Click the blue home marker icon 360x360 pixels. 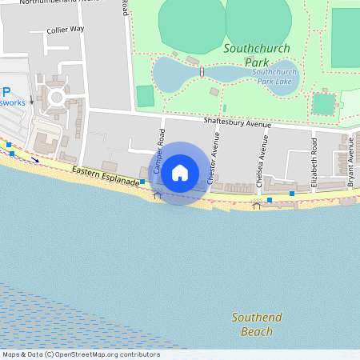(x=180, y=173)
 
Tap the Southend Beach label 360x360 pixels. (x=257, y=324)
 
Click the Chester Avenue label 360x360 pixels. (x=214, y=158)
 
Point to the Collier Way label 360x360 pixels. (x=66, y=29)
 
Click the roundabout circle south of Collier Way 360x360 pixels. (x=57, y=99)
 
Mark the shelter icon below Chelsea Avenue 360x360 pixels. (x=257, y=206)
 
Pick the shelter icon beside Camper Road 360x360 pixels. (x=157, y=194)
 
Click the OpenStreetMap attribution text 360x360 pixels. (x=81, y=354)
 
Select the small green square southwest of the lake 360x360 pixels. (x=145, y=96)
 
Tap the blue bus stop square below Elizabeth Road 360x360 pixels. (x=292, y=194)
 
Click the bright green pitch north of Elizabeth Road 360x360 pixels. (x=323, y=104)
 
